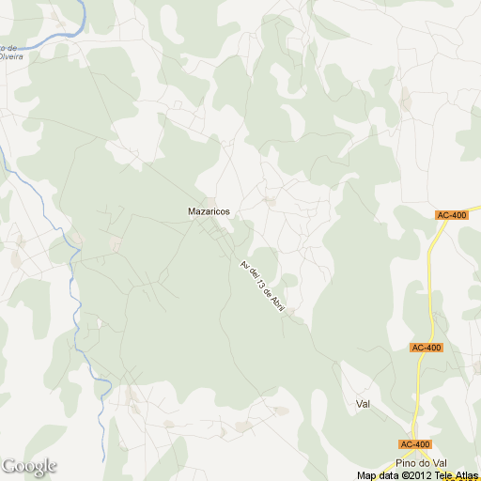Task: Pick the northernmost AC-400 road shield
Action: pos(453,216)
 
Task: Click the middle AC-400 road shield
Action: pos(426,348)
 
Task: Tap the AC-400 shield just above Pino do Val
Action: pos(414,443)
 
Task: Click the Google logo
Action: pos(29,466)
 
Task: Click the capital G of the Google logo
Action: pos(8,466)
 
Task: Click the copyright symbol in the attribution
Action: pos(399,475)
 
